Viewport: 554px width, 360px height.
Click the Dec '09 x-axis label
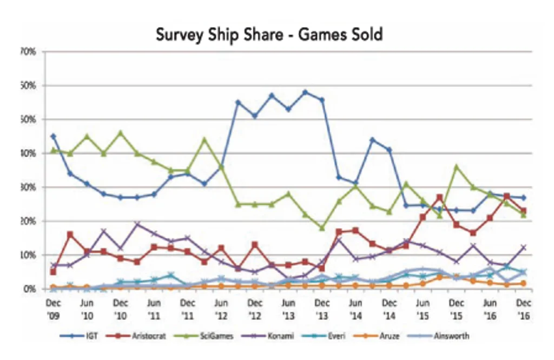[x=53, y=308]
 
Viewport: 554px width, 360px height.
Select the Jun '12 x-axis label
[x=220, y=308]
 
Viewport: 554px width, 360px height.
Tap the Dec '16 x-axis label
[x=523, y=308]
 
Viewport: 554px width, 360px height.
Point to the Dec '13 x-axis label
[x=322, y=308]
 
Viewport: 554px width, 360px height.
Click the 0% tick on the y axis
[x=30, y=289]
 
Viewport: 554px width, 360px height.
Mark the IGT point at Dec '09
[x=53, y=136]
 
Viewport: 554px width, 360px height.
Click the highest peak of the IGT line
[x=305, y=92]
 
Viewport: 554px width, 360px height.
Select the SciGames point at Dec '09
[x=53, y=150]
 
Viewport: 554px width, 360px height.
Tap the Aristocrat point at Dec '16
[x=523, y=211]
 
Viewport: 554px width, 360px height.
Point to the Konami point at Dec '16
[x=523, y=247]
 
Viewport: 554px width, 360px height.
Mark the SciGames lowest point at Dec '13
[x=322, y=228]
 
